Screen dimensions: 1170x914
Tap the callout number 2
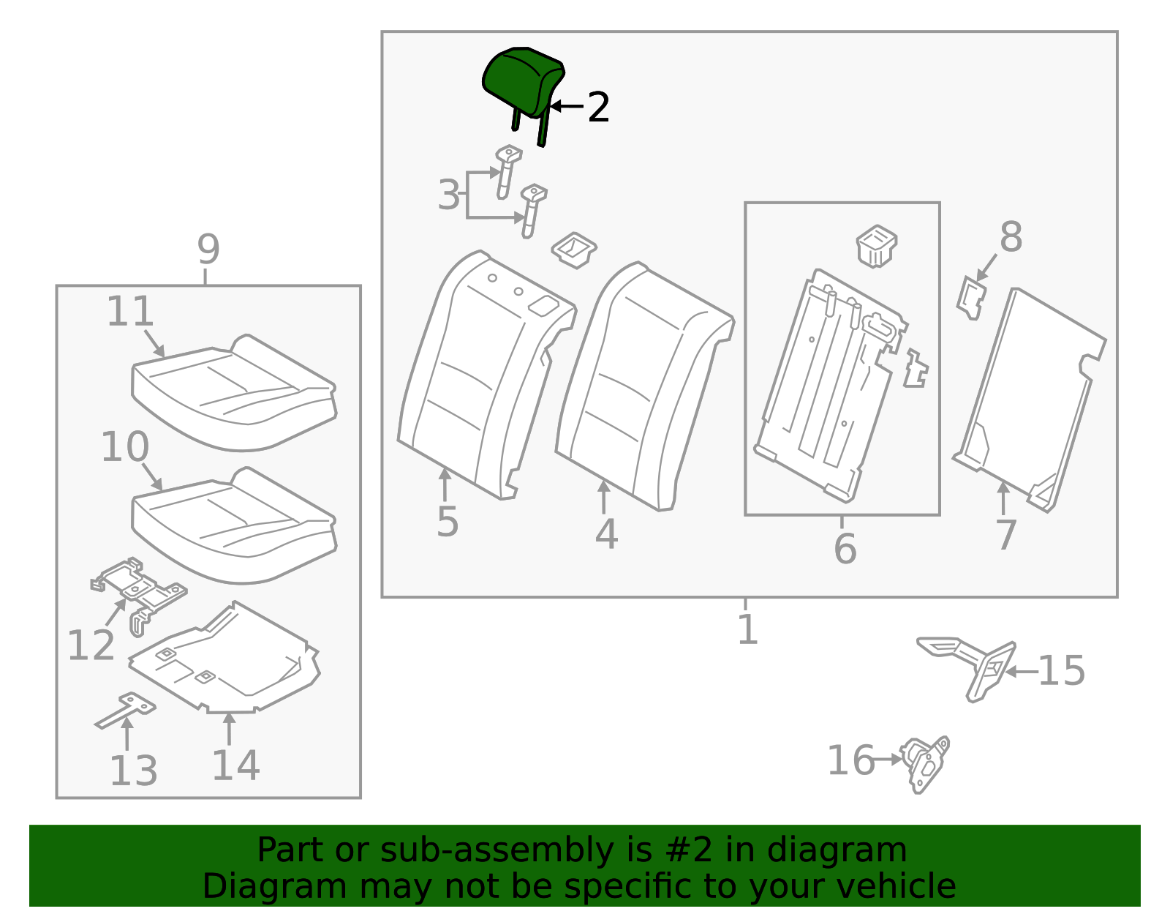point(598,107)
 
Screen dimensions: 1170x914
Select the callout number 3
point(449,194)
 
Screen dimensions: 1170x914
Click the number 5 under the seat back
point(448,521)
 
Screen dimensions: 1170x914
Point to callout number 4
point(606,534)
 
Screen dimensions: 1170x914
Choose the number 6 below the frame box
point(845,549)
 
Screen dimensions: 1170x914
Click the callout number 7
point(1006,535)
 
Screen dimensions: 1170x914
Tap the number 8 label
point(1011,236)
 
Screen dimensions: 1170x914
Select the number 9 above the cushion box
point(208,249)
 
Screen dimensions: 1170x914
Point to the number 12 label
point(91,645)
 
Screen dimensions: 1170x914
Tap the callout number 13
point(134,770)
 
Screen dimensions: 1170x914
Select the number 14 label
point(236,765)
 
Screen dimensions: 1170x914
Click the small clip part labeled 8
point(971,298)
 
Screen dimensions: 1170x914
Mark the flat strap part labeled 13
point(126,710)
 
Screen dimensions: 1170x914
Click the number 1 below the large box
point(747,629)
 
